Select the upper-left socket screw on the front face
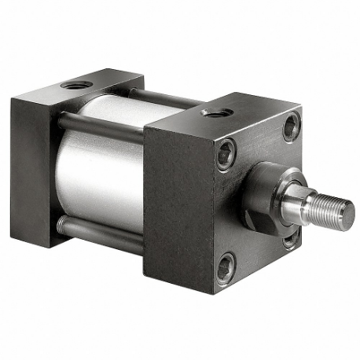[226, 153]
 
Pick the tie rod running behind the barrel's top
[165, 98]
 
